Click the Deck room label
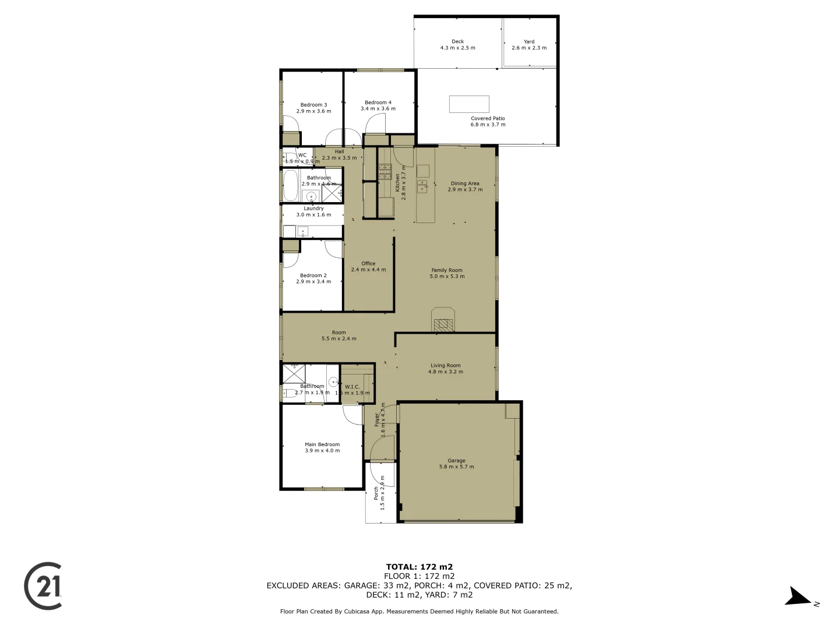(x=457, y=45)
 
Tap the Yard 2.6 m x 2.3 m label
(x=529, y=45)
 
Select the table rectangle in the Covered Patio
(x=469, y=104)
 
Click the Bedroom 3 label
(x=313, y=108)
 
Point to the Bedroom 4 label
(x=378, y=105)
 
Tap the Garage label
(x=456, y=464)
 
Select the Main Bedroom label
(x=322, y=447)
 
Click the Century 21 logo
(x=43, y=586)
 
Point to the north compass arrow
(x=798, y=598)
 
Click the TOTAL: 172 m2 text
(x=419, y=567)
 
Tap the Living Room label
(x=446, y=369)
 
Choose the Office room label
(x=368, y=266)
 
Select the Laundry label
(x=313, y=211)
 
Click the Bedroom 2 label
(x=313, y=278)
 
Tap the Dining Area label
(x=465, y=186)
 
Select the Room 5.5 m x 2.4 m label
(x=339, y=335)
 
